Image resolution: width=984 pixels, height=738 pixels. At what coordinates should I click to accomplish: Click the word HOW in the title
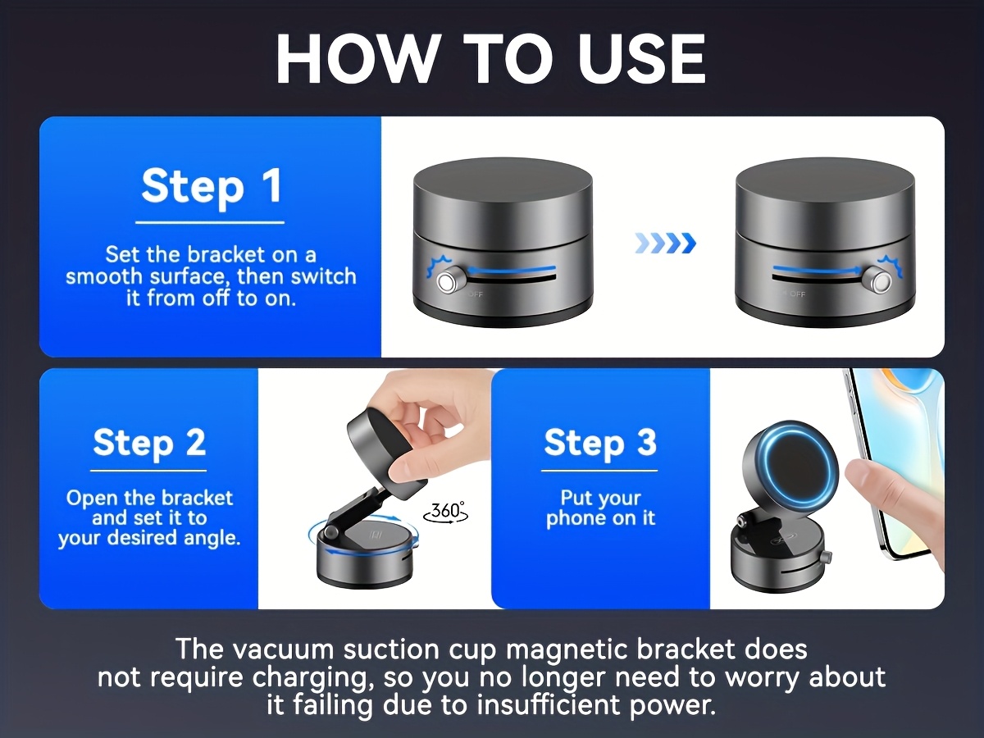click(357, 59)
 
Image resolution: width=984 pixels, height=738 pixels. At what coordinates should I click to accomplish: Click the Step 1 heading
click(211, 185)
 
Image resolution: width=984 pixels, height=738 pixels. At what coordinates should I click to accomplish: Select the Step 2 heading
click(149, 442)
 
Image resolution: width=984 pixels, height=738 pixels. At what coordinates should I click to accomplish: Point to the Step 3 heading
click(600, 442)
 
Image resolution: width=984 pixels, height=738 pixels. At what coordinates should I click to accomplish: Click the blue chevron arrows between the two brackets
click(666, 244)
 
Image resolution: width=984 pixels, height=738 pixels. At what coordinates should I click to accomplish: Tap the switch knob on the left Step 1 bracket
click(448, 281)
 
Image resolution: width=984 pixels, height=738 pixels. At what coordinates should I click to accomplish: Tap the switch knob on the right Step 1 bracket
click(880, 281)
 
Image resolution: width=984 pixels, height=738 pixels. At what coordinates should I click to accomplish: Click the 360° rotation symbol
click(446, 512)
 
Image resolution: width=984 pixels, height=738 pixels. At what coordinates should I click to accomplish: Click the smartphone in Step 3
click(892, 462)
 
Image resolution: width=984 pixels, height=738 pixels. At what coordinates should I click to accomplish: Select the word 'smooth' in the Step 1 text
click(103, 276)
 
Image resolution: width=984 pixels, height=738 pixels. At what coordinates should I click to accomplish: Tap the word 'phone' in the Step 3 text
click(576, 518)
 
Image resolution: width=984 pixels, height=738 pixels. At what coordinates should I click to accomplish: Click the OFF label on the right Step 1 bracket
click(798, 294)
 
